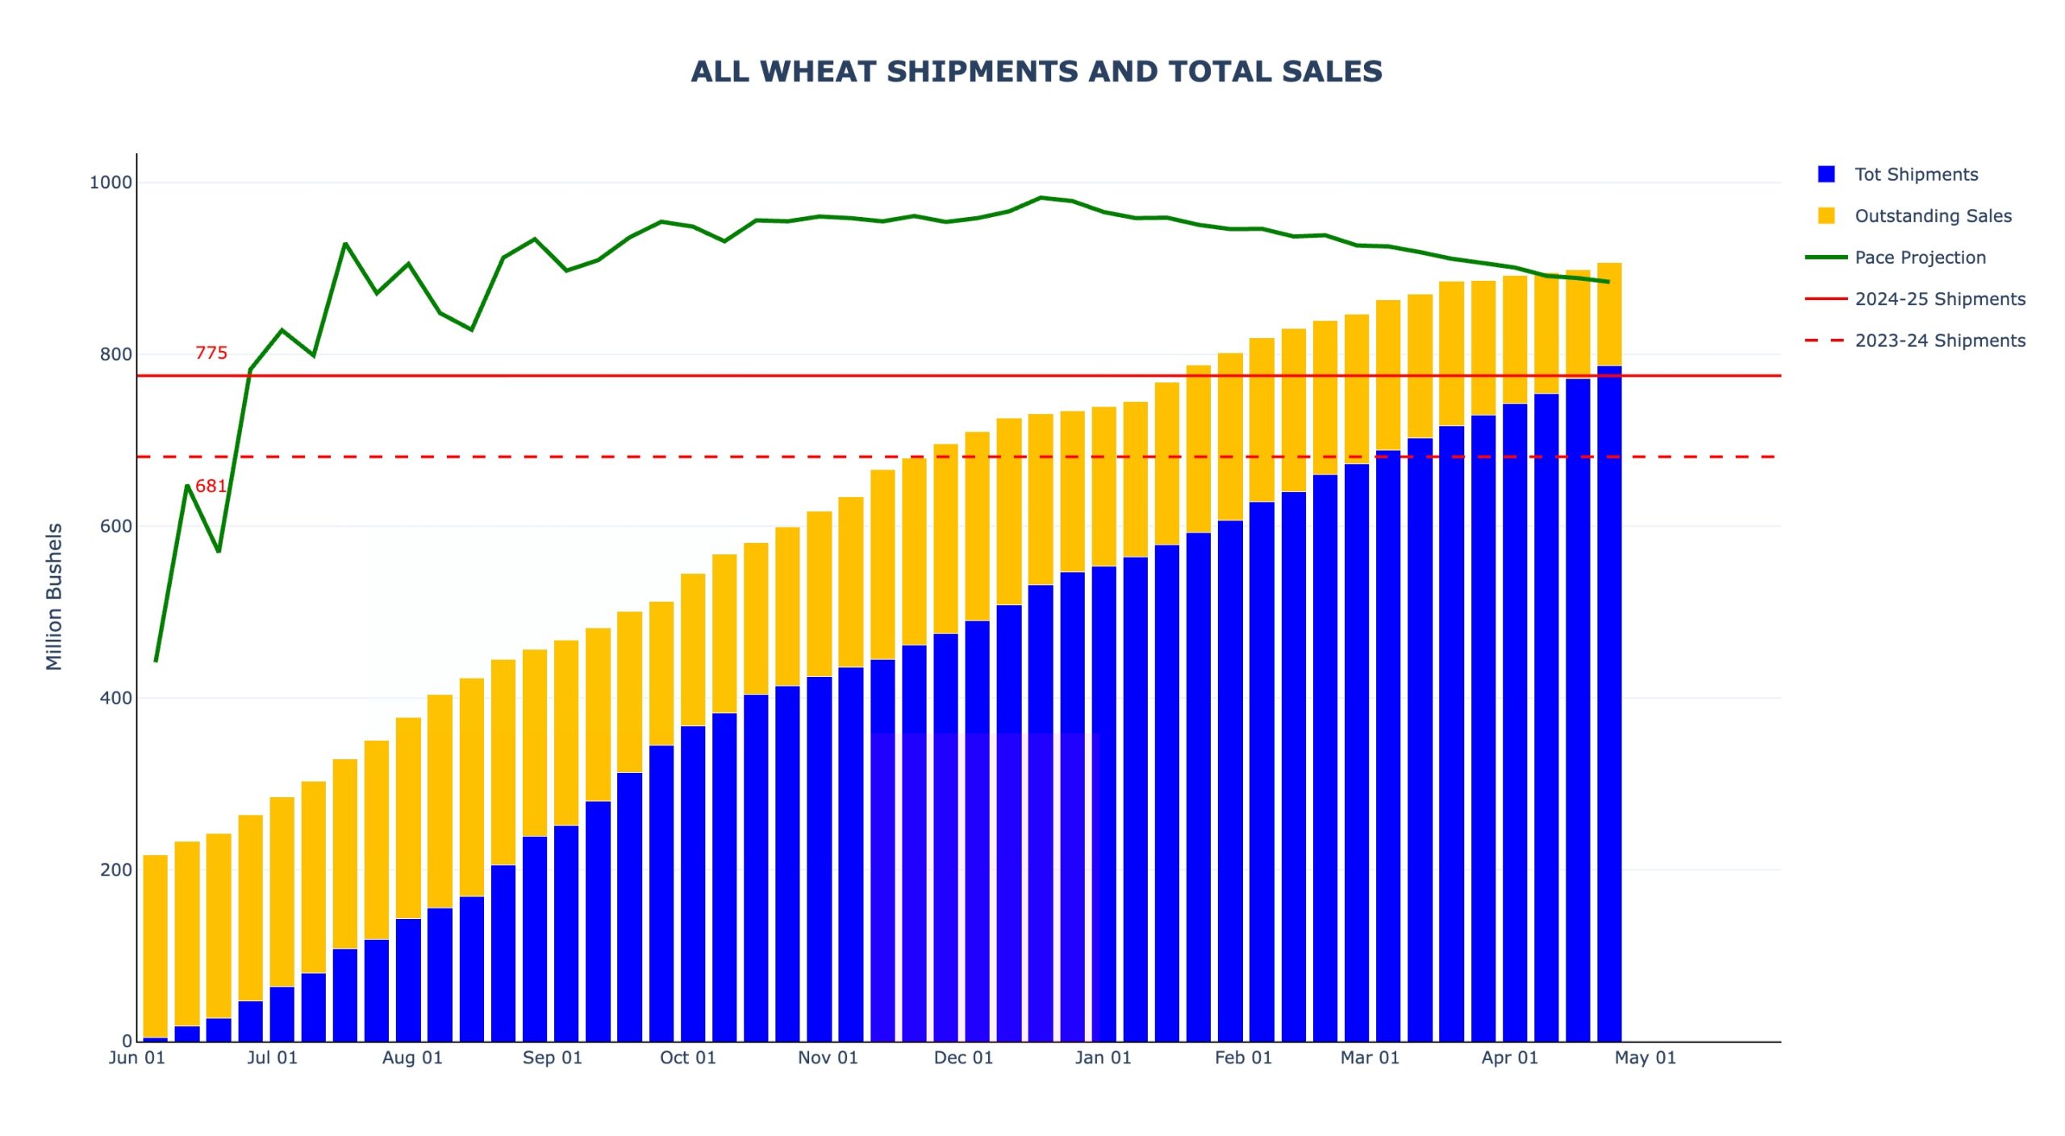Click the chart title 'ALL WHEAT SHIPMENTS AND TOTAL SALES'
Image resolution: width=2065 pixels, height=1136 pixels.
coord(1037,72)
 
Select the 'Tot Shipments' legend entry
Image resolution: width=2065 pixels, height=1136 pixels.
coord(1916,174)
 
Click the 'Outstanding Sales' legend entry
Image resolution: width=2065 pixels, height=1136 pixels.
coord(1933,216)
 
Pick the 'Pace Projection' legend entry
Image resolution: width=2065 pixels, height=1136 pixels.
coord(1920,257)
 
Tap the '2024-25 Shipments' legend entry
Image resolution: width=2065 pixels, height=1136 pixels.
coord(1940,299)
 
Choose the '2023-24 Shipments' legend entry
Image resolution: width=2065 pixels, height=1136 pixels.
coord(1940,340)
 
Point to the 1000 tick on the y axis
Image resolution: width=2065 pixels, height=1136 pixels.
coord(111,182)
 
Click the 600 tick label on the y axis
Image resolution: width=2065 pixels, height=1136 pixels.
coord(115,526)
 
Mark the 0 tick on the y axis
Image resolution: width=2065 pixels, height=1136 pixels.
coord(127,1042)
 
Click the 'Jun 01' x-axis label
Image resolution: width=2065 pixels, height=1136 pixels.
coord(137,1058)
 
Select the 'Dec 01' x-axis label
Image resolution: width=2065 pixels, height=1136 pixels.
coord(963,1058)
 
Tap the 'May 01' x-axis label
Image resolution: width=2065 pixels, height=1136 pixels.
coord(1645,1058)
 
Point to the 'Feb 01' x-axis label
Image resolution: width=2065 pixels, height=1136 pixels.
coord(1243,1058)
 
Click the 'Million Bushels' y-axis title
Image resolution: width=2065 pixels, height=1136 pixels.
coord(54,597)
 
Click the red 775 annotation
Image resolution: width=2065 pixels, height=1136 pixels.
coord(211,353)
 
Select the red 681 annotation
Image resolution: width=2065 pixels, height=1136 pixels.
coord(211,486)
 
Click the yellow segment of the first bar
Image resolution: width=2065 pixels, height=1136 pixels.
coord(155,944)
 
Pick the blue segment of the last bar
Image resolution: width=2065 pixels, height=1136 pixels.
coord(1609,702)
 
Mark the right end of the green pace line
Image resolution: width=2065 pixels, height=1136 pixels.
coord(1608,282)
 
